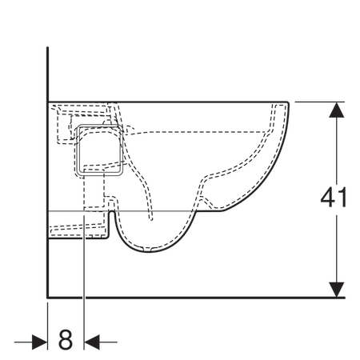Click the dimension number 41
coord(334,198)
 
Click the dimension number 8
coord(66,339)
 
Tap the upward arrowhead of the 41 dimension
coord(337,110)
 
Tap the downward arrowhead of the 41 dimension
coord(337,290)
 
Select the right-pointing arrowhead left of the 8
coord(39,342)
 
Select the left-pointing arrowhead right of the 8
coord(92,342)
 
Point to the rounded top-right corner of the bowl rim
coord(287,103)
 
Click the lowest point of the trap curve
coord(149,252)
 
